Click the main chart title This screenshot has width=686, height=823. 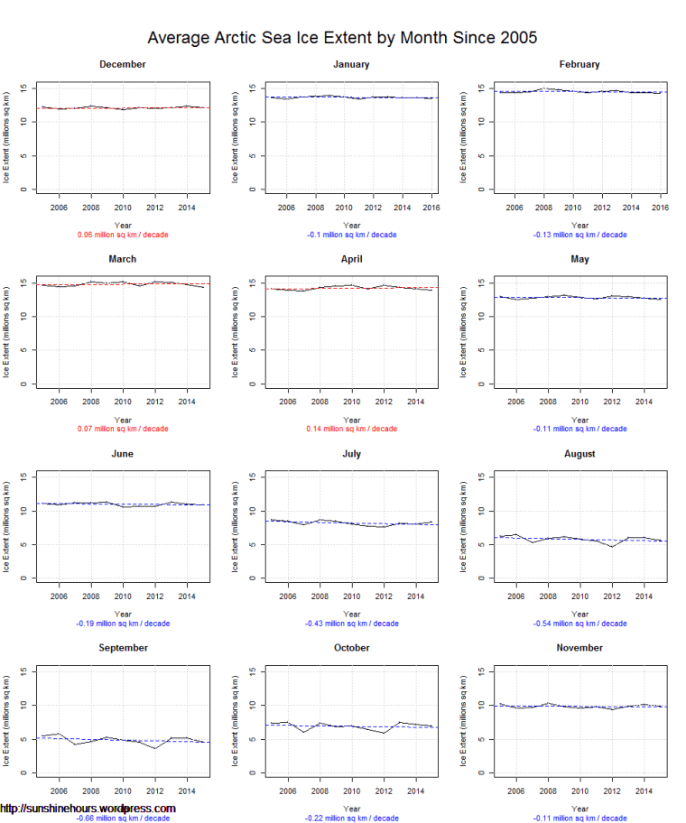pos(342,38)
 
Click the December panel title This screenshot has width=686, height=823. pos(123,64)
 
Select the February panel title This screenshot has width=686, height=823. pos(579,64)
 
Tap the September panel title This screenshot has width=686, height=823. pos(123,648)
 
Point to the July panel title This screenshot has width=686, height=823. pos(351,454)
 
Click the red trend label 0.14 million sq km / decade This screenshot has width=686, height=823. pos(351,430)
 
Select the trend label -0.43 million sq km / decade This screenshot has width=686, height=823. pos(351,624)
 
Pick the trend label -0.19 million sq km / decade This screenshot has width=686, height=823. pos(123,624)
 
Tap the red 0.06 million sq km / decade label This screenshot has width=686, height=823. pos(123,235)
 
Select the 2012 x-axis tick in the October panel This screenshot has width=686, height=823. pos(384,791)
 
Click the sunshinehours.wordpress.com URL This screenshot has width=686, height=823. pos(88,809)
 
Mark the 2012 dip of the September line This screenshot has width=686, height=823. pos(155,748)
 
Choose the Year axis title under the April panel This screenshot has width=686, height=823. pos(351,420)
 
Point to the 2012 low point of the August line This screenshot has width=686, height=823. pos(612,547)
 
